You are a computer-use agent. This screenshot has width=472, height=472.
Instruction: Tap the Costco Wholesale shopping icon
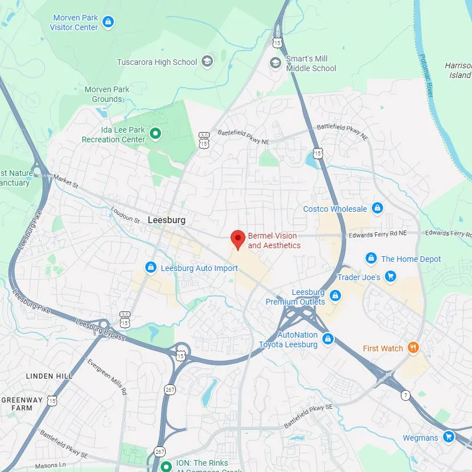(x=377, y=208)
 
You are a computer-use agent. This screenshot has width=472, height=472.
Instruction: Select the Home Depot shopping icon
(x=371, y=258)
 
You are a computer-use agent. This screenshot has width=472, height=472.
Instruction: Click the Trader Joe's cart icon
(x=390, y=277)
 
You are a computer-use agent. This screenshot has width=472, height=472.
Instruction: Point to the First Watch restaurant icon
(x=413, y=348)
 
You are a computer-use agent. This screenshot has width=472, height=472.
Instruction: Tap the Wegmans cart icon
(x=449, y=437)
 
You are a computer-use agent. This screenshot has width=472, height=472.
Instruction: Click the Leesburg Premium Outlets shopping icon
(x=335, y=296)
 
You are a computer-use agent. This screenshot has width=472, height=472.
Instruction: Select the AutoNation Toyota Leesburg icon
(x=327, y=339)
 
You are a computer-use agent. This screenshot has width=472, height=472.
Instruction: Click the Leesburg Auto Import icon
(x=151, y=268)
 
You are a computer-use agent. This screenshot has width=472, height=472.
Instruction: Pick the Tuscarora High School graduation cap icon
(x=207, y=62)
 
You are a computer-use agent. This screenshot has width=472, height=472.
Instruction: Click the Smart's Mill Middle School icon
(x=276, y=63)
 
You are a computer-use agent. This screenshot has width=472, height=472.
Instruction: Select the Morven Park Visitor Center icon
(x=108, y=22)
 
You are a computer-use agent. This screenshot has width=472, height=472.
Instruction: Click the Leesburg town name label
(x=166, y=220)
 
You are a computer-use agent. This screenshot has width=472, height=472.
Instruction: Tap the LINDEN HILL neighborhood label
(x=49, y=376)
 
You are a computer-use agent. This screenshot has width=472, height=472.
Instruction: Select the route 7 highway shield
(x=405, y=395)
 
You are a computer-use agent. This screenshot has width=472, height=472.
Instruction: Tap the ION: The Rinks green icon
(x=166, y=466)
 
